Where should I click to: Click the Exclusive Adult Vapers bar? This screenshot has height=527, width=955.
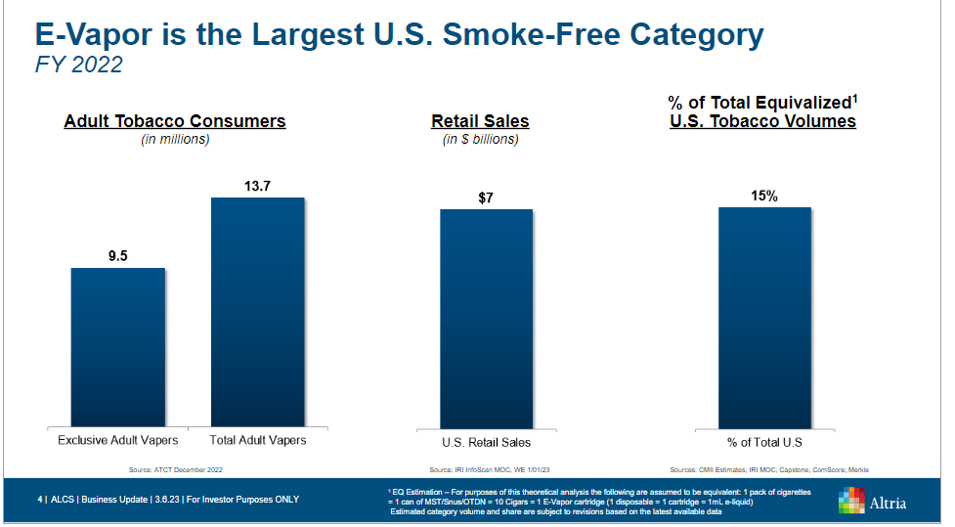tap(118, 346)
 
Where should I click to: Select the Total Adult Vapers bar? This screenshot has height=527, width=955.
tap(258, 311)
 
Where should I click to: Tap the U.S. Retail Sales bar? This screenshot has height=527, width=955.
tap(486, 318)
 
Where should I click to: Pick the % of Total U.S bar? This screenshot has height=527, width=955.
tap(764, 317)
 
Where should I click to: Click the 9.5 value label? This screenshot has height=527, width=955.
tap(118, 256)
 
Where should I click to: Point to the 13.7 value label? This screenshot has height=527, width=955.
tap(258, 186)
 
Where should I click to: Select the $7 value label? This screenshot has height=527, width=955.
tap(486, 198)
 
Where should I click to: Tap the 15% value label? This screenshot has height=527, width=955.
tap(764, 196)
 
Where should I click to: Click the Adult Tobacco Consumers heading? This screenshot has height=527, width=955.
tap(175, 121)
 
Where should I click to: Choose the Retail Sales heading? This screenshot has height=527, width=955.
tap(480, 121)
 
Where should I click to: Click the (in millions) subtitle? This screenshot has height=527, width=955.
tap(176, 140)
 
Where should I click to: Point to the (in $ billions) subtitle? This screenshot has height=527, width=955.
tap(480, 140)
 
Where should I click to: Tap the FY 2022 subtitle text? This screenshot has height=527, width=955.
tap(78, 66)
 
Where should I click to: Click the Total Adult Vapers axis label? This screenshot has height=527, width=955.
tap(258, 440)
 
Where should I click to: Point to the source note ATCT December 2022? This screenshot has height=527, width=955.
tap(176, 470)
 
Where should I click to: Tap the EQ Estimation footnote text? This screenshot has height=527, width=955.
tap(598, 501)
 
